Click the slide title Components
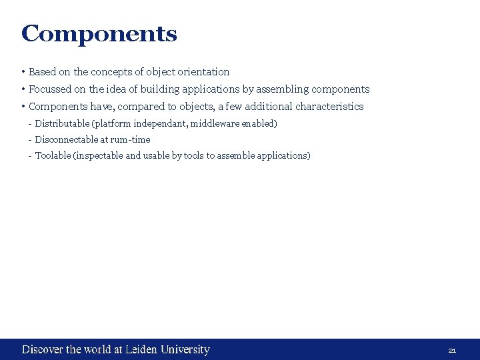99,33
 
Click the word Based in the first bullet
42,72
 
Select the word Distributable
63,123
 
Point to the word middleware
215,123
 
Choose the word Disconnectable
65,139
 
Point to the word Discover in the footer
43,349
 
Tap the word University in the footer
184,349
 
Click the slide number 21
452,350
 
